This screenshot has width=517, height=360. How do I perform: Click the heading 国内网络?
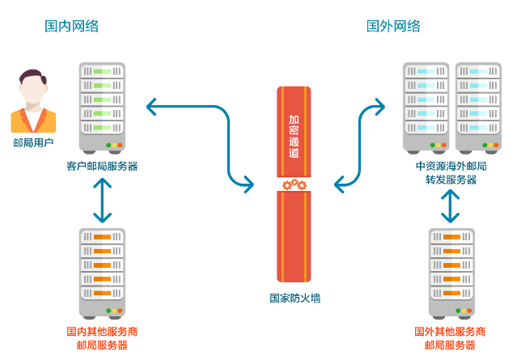point(71,27)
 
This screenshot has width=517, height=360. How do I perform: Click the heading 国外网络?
point(394,27)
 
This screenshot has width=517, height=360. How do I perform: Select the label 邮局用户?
point(33,143)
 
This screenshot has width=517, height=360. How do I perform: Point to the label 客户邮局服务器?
point(102,166)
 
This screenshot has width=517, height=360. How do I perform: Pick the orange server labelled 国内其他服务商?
point(102,271)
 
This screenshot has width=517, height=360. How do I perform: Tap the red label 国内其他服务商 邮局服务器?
point(102,338)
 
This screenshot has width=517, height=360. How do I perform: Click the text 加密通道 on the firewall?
point(294,134)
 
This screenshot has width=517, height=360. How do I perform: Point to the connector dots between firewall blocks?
point(293,185)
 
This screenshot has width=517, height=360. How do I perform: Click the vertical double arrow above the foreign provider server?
point(451,207)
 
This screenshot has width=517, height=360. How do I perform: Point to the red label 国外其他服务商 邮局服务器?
point(450,338)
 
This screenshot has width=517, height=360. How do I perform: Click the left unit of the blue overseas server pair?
point(426,105)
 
